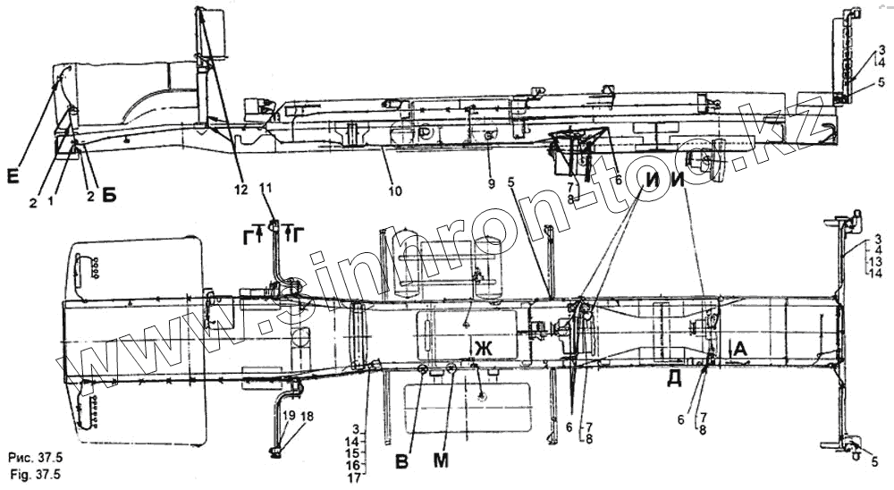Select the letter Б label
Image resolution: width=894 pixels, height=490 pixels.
107,196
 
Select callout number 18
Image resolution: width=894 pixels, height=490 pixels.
307,417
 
